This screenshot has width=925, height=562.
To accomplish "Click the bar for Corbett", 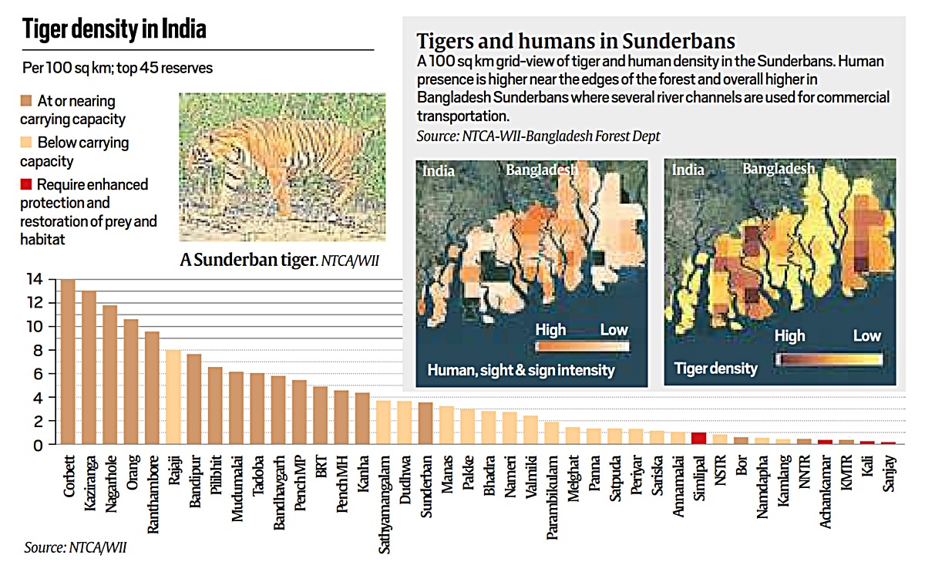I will point(68,362).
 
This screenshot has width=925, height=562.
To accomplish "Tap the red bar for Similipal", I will point(698,439).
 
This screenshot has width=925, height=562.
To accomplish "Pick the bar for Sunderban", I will point(425,423).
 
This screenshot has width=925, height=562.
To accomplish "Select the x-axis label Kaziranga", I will point(89,479).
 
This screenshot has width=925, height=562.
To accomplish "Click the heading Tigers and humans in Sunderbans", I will point(575,41).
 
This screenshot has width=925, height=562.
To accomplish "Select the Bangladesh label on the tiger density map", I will point(779,169).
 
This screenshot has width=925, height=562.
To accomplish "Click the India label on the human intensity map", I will point(438,170).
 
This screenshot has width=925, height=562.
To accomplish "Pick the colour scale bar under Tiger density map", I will point(829,359).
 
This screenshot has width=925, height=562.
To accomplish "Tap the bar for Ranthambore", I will point(153,389).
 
